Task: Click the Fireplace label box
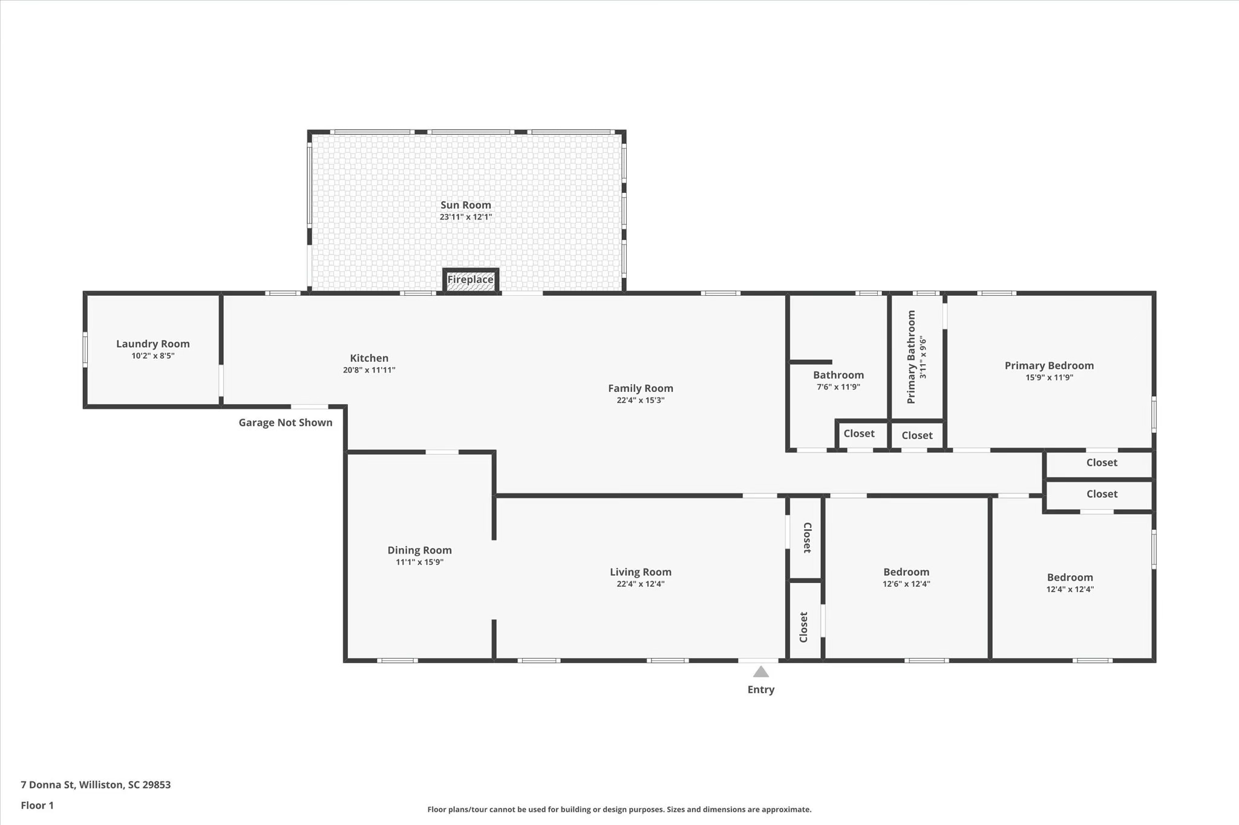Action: [471, 280]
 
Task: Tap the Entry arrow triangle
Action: [760, 671]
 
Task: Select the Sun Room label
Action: [466, 205]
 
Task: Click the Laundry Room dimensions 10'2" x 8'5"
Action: [153, 356]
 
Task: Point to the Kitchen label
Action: [369, 358]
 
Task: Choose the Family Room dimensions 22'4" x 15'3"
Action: [641, 400]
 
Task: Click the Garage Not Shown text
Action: [286, 422]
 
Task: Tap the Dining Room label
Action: [420, 550]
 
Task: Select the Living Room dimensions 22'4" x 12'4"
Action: [641, 584]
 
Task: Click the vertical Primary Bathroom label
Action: [911, 357]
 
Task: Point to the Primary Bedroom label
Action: [1049, 365]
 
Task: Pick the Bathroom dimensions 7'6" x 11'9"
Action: [839, 387]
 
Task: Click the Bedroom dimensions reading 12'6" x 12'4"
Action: [906, 584]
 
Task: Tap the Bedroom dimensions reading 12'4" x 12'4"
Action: [1070, 589]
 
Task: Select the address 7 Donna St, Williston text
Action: [96, 785]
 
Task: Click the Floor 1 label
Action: [38, 806]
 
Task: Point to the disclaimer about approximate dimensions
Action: [619, 809]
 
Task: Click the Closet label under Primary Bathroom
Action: [917, 435]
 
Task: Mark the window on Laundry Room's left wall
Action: [85, 350]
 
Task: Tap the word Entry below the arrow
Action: [761, 690]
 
